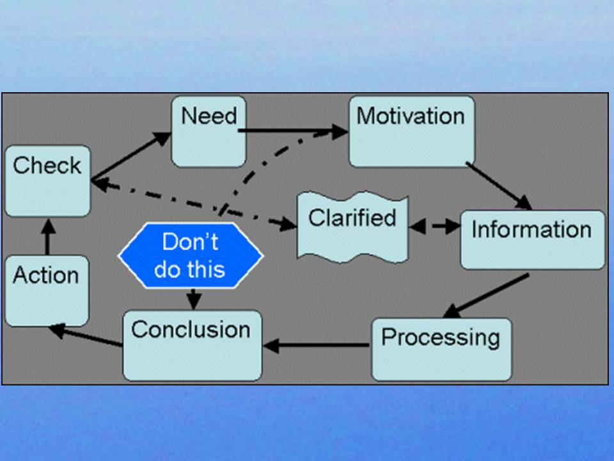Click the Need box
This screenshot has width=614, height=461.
point(209,131)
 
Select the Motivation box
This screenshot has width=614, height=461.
point(412,131)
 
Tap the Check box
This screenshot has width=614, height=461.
point(47,181)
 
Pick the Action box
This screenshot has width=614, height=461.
point(47,291)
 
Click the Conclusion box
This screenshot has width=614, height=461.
point(193,345)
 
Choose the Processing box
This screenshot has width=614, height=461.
point(441,350)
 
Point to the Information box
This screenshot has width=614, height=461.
point(533,240)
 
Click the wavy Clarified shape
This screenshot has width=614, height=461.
point(353,227)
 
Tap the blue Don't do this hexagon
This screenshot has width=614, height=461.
point(191,255)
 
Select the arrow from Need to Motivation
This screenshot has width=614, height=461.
point(293,131)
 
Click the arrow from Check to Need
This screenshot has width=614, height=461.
point(131,156)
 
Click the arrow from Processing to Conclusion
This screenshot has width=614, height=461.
point(317,345)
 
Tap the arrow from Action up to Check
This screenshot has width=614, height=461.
point(48,237)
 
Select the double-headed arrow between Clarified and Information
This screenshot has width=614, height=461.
point(435,226)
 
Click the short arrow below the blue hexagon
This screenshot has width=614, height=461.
point(193,299)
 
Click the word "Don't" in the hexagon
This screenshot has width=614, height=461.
point(190,241)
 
